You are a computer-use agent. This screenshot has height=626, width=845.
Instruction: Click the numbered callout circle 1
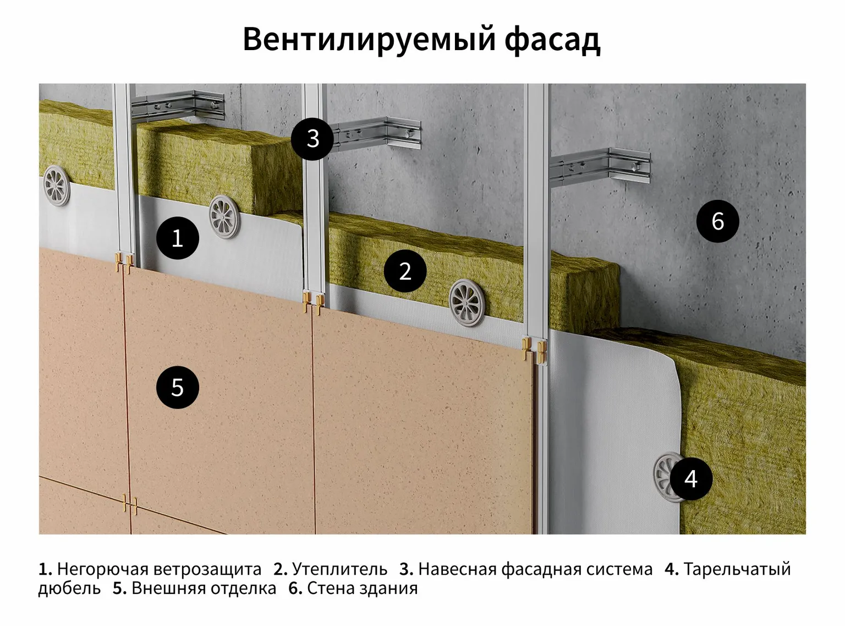coord(177,238)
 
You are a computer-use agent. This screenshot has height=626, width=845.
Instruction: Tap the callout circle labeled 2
coord(405,271)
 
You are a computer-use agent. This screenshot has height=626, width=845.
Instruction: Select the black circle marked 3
coord(312,138)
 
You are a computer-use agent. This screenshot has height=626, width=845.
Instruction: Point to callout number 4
coord(691,478)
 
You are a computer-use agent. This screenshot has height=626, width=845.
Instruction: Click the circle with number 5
coord(177,388)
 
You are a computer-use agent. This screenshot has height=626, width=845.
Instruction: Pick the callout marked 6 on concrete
coord(717,221)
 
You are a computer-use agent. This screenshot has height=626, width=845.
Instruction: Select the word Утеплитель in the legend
coord(339,569)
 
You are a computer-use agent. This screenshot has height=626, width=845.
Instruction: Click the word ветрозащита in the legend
coord(207,569)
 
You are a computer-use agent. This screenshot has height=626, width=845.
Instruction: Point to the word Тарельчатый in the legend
coord(737,569)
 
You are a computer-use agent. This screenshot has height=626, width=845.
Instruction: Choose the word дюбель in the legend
coord(69,588)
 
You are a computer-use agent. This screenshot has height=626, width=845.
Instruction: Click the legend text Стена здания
coord(362,588)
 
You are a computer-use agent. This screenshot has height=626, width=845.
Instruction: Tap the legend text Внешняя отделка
coord(204,588)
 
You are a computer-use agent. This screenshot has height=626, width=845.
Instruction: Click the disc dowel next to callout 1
coord(225,216)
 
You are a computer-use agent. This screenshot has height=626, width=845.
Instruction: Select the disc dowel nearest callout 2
coord(468,302)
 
